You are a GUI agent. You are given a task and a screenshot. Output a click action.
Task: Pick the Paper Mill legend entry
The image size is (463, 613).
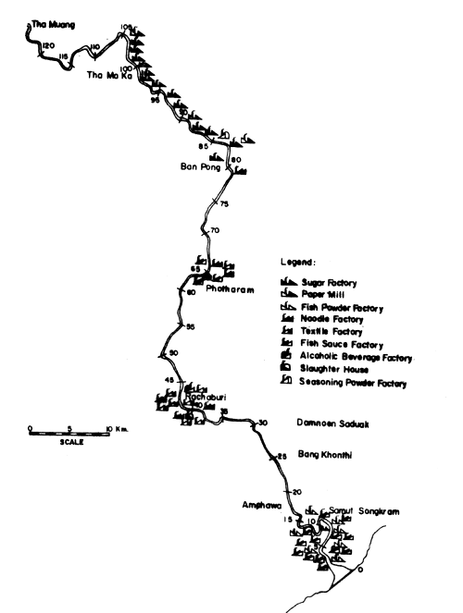click(x=325, y=293)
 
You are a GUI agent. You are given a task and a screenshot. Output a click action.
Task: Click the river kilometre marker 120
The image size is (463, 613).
click(x=49, y=45)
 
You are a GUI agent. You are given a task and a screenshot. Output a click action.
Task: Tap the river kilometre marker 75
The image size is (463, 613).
click(x=222, y=206)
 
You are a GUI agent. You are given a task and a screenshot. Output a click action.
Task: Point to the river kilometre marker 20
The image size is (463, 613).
click(x=296, y=492)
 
